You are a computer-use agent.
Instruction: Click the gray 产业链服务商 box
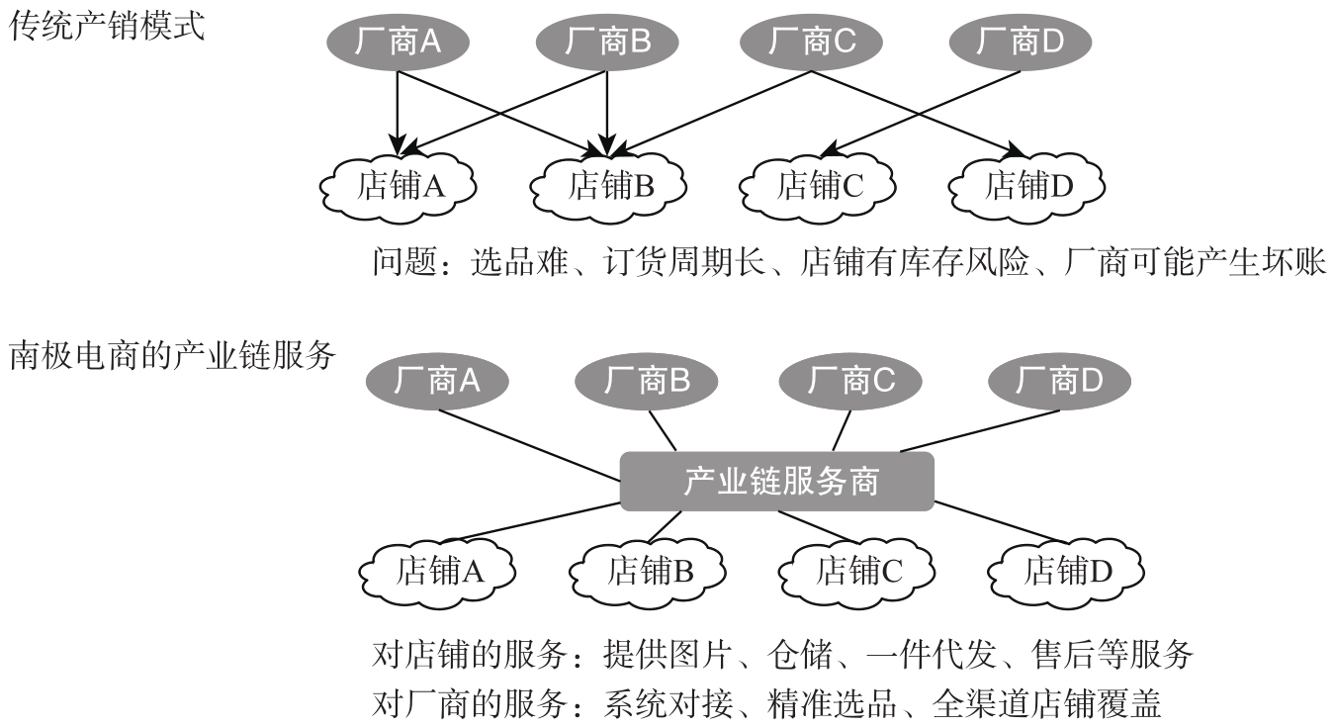click(x=777, y=482)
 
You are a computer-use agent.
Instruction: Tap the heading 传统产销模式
click(x=107, y=27)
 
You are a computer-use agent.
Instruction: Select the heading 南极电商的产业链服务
click(x=172, y=356)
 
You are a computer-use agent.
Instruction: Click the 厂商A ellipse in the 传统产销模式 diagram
click(x=398, y=42)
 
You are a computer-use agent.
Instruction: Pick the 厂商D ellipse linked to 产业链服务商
click(x=1059, y=381)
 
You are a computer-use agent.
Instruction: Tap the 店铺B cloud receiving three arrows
click(x=608, y=186)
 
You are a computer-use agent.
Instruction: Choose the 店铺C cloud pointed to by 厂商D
click(x=818, y=186)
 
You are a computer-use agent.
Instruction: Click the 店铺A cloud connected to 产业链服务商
click(x=438, y=571)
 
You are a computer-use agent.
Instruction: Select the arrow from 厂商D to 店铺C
click(x=921, y=112)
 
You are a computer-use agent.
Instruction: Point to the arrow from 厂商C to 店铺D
click(x=918, y=114)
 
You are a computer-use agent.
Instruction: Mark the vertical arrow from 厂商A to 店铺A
click(x=398, y=113)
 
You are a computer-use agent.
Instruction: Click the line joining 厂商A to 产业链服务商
click(x=529, y=445)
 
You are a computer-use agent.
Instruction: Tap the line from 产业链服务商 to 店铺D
click(x=1001, y=522)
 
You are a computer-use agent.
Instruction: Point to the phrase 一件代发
click(x=931, y=655)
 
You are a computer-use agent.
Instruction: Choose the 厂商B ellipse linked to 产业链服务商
click(x=646, y=381)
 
